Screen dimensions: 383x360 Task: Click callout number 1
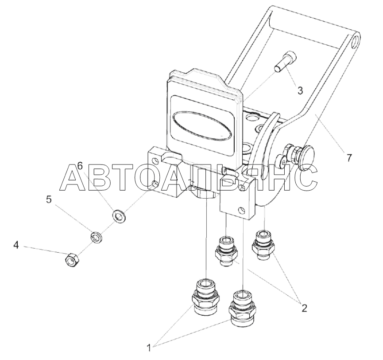pos(149,348)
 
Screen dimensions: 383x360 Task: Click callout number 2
pos(304,308)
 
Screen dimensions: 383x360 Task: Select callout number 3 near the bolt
pos(300,90)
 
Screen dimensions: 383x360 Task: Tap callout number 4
pos(16,245)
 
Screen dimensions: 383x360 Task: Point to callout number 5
pos(49,200)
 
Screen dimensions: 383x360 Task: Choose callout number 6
pos(80,166)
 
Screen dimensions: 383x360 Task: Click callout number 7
pos(349,158)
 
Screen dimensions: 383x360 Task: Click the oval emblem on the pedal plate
pos(202,125)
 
